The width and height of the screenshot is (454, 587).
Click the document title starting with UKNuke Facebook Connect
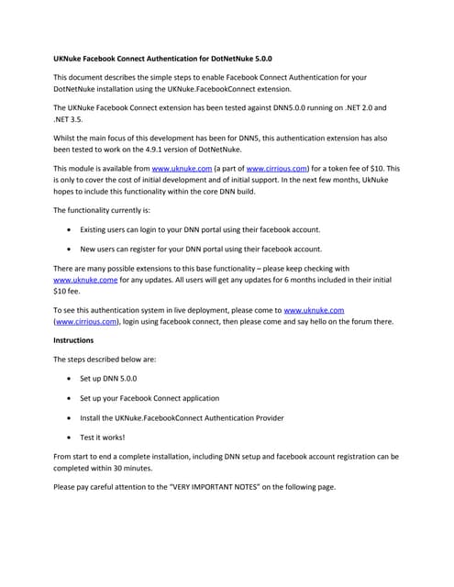[x=163, y=58]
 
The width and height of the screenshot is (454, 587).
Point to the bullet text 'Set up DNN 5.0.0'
[x=117, y=378]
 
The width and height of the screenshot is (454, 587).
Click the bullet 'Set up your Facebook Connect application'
[x=149, y=398]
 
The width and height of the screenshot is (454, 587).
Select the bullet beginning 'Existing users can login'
[x=200, y=228]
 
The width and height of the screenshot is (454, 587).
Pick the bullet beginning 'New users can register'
[x=201, y=248]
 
